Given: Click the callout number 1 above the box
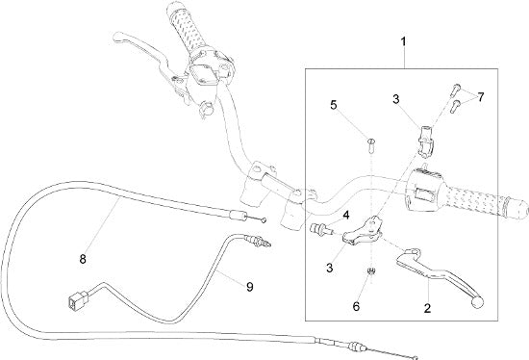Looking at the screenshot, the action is click(403, 42).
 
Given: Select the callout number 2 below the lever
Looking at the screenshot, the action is click(427, 308).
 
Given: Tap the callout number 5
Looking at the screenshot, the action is click(334, 105).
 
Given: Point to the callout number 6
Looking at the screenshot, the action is click(356, 307).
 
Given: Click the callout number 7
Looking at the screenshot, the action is click(480, 97).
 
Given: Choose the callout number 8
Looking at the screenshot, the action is click(83, 259).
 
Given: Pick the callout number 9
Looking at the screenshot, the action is click(250, 287).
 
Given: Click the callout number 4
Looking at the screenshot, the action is click(346, 215).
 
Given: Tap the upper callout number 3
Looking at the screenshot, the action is click(396, 99).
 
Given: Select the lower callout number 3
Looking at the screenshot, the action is click(330, 268).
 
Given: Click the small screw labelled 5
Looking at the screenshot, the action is click(370, 146).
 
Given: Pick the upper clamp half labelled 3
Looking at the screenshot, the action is click(426, 139).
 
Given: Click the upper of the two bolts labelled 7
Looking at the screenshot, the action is click(454, 90).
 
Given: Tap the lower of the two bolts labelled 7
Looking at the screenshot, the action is click(455, 106).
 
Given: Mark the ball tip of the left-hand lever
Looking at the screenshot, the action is click(117, 37).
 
